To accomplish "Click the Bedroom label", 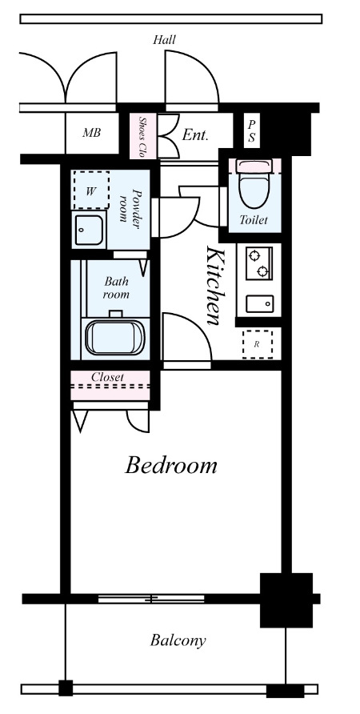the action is tap(171, 465).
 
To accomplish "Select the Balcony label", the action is tap(178, 640).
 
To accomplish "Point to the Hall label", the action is tap(164, 39).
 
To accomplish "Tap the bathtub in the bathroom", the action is tap(114, 337).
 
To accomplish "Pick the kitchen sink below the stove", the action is tap(260, 303).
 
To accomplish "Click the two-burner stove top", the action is tap(259, 263).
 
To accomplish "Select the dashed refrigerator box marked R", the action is tap(258, 344).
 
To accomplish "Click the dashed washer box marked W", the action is tap(91, 191).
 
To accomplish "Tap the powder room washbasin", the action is tap(89, 230).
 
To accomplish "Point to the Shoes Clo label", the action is tap(142, 137).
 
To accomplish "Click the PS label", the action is tap(251, 131).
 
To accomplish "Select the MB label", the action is tap(91, 134).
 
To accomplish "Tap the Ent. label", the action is tap(195, 134).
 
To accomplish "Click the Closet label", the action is tap(107, 378).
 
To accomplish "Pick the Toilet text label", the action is tap(254, 220).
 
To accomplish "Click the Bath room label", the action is tap(116, 287).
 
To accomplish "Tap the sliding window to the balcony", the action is tap(151, 599).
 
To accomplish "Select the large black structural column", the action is tap(286, 600).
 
